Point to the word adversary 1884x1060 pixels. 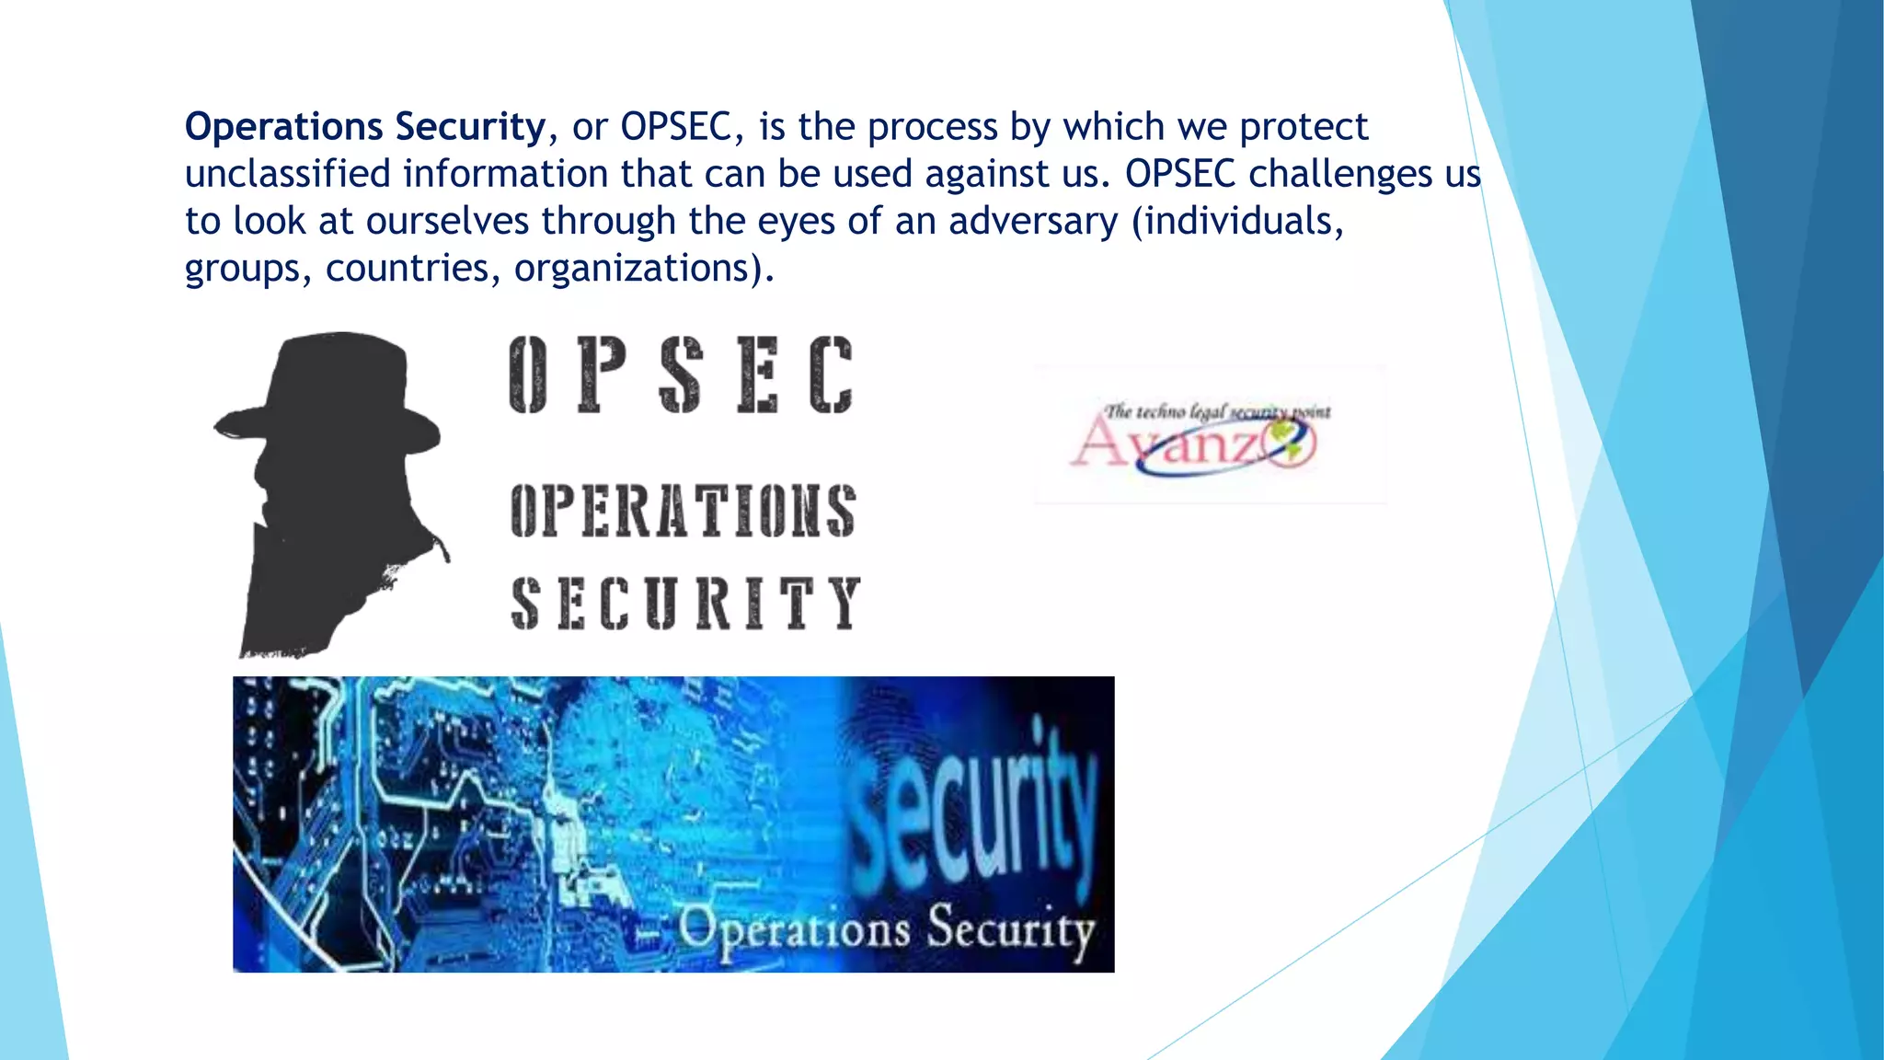coord(1033,222)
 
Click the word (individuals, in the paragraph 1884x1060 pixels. coord(1238,222)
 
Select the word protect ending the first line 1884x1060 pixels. coord(1304,127)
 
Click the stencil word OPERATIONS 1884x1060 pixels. coord(683,511)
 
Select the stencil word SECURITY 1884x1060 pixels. coord(685,603)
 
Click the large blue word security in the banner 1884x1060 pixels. coord(975,810)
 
